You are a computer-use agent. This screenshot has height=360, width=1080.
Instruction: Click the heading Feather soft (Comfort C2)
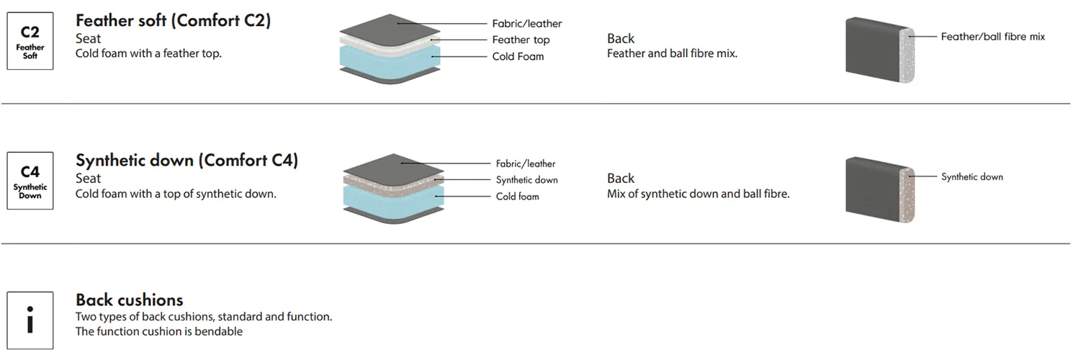click(x=173, y=20)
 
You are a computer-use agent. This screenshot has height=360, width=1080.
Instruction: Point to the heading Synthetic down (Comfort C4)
click(x=186, y=160)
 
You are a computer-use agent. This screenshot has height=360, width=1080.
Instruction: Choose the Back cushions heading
click(x=130, y=300)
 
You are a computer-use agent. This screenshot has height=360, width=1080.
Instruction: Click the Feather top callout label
click(x=521, y=40)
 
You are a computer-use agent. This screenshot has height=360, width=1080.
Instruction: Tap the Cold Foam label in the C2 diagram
click(x=518, y=57)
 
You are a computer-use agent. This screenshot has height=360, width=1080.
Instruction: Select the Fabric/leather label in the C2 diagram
click(x=527, y=24)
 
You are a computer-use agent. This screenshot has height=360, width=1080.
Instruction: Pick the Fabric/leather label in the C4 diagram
click(x=526, y=164)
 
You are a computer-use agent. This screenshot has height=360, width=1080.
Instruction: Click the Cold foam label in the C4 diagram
click(x=517, y=197)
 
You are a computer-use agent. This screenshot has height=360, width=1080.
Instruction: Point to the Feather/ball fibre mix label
click(x=993, y=37)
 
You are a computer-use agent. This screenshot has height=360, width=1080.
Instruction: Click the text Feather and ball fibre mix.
click(x=672, y=53)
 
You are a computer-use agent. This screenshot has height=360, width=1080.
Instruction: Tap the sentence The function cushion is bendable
click(x=159, y=332)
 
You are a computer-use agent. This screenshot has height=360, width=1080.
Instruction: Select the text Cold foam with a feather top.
click(x=148, y=53)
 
